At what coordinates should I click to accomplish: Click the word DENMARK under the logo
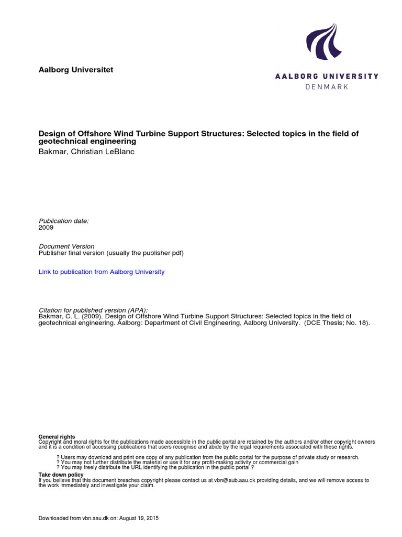point(327,87)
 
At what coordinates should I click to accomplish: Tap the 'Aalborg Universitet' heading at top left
point(76,70)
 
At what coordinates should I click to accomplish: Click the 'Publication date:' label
point(64,221)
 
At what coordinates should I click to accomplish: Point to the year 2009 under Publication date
point(46,228)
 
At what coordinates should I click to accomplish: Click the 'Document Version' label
point(66,246)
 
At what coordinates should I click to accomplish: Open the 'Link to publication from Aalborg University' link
point(102,272)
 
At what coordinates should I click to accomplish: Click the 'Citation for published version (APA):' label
point(94,310)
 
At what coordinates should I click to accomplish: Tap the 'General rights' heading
point(57,437)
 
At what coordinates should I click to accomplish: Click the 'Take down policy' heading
point(61,475)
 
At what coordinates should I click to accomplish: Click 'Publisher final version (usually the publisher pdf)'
point(111,253)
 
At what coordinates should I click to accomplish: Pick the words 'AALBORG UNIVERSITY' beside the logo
point(327,76)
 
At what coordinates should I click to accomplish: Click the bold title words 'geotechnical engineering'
point(87,142)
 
